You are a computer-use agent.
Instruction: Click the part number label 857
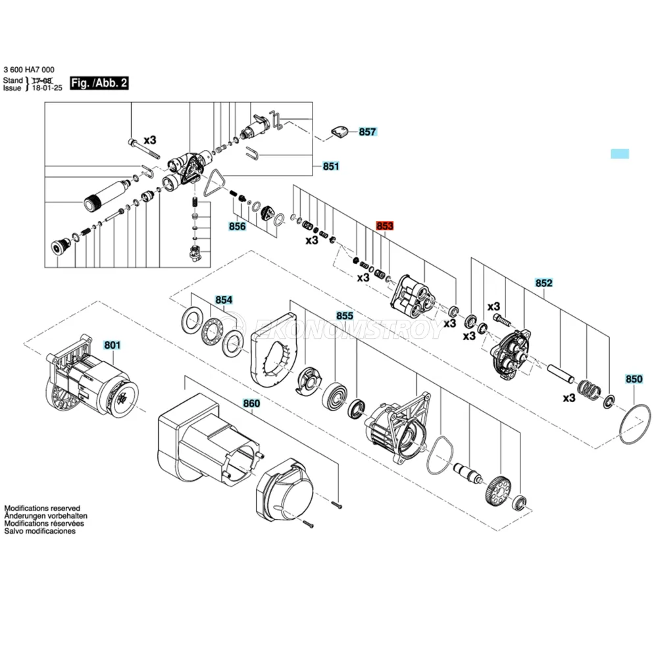click(367, 132)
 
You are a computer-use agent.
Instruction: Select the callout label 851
click(330, 166)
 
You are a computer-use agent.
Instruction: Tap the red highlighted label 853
click(384, 226)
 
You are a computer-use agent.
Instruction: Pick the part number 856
click(237, 227)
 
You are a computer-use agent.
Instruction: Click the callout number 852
click(544, 283)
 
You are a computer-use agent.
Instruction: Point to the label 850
click(634, 379)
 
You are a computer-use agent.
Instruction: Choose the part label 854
click(224, 300)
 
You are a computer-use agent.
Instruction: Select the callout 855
click(345, 316)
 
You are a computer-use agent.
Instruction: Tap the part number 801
click(113, 344)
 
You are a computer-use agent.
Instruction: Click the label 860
click(251, 403)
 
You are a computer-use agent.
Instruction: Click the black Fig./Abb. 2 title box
click(99, 83)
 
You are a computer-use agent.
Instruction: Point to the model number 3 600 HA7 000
click(29, 70)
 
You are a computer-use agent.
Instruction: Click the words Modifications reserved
click(42, 509)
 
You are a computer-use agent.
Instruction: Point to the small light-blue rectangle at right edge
click(620, 154)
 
